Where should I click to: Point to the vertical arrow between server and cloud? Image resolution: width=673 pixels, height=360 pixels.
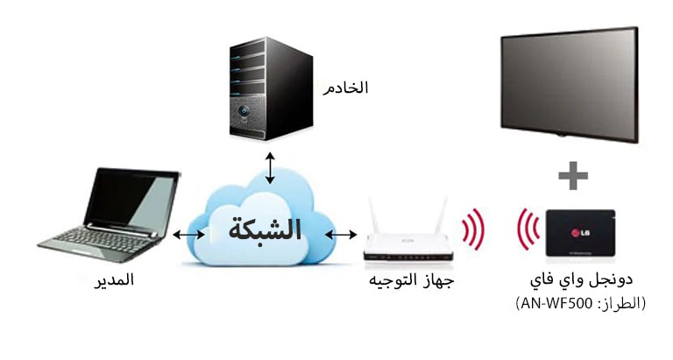tap(270, 166)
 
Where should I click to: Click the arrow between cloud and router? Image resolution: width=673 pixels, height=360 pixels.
tap(342, 235)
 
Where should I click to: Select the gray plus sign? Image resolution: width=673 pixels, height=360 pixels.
tap(573, 175)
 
